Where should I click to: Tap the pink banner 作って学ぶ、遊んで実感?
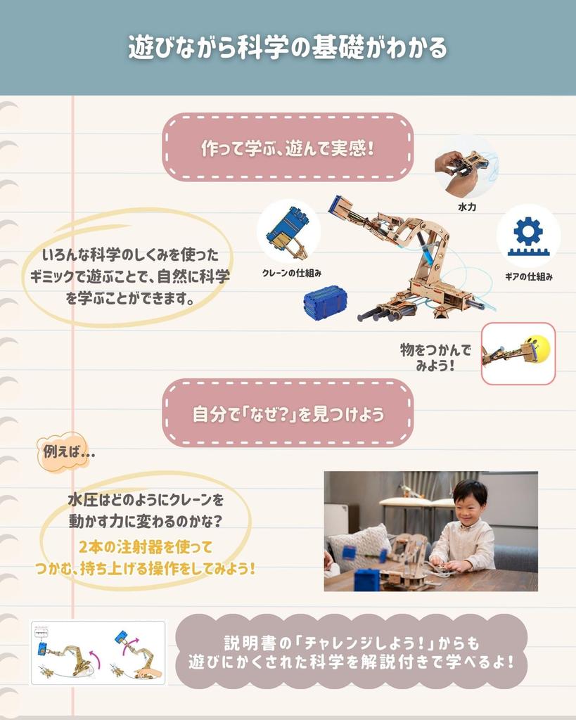click(x=288, y=148)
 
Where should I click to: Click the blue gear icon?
click(x=527, y=231)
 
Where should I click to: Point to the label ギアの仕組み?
click(x=528, y=277)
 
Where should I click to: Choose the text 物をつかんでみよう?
click(x=435, y=357)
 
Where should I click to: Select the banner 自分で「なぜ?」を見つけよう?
click(x=288, y=414)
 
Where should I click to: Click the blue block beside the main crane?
click(x=325, y=303)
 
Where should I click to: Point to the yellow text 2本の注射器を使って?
click(x=145, y=546)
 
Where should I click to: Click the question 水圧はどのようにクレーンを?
click(x=146, y=501)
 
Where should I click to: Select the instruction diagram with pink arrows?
click(x=98, y=652)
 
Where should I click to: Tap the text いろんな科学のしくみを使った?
click(x=131, y=255)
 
